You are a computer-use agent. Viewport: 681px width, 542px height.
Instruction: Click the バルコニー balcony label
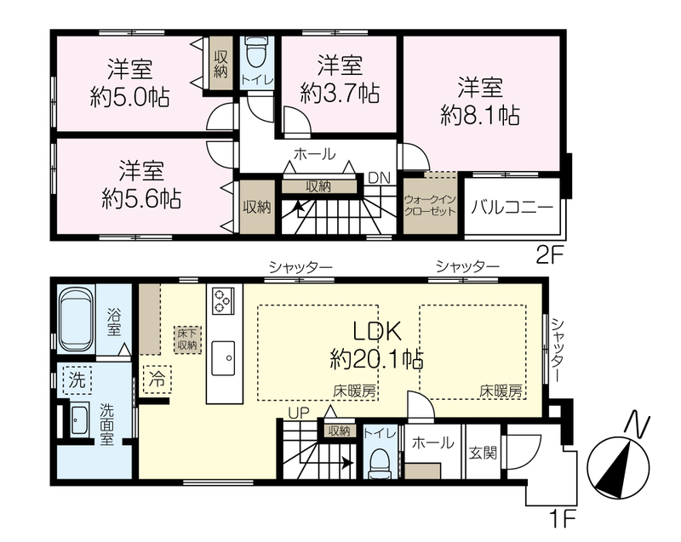click(x=512, y=207)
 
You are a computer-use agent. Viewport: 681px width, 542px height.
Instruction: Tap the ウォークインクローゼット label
click(x=430, y=206)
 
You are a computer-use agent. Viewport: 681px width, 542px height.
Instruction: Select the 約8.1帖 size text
click(x=480, y=116)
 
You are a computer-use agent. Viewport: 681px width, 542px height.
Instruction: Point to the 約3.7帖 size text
click(x=340, y=93)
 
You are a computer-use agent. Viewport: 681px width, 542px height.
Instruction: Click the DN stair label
click(x=379, y=178)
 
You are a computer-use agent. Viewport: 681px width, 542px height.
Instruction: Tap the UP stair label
click(x=299, y=414)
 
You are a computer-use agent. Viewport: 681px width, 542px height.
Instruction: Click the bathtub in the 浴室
click(x=76, y=320)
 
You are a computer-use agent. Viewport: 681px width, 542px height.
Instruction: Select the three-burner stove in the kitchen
click(x=223, y=300)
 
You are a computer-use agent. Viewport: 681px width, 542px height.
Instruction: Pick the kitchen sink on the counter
click(x=223, y=358)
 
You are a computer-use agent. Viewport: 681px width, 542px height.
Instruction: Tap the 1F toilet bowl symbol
click(x=380, y=463)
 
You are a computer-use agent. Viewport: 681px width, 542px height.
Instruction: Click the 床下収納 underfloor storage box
click(x=187, y=339)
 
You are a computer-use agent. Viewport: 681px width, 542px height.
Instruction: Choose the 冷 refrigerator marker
click(x=157, y=379)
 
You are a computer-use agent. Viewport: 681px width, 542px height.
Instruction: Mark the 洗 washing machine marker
click(x=77, y=380)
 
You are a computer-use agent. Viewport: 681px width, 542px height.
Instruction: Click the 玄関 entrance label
click(x=483, y=453)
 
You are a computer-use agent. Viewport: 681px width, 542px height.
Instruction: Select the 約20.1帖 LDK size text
click(x=376, y=359)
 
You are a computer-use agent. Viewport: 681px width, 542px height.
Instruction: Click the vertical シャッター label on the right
click(x=558, y=351)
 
